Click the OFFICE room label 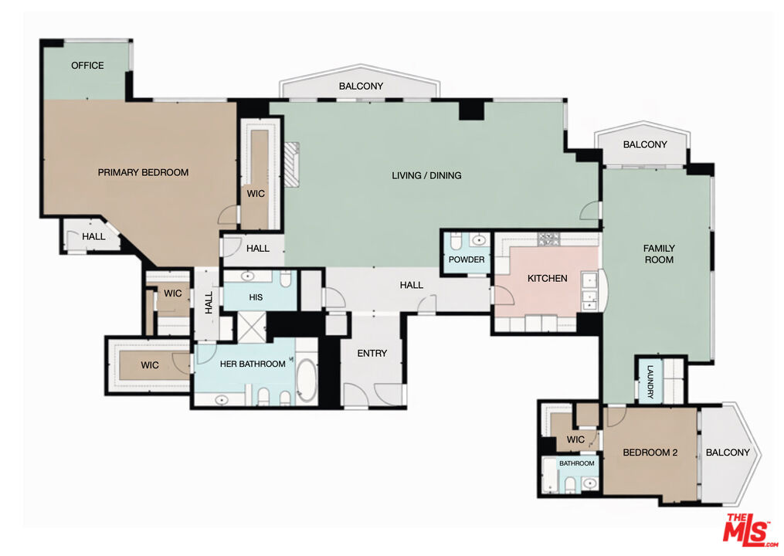[87, 66]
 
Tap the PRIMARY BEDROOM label [143, 172]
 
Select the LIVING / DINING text [426, 175]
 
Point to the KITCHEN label [548, 279]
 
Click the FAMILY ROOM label [659, 254]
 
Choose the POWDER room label [467, 259]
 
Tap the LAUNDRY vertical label [650, 382]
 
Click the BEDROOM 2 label [650, 453]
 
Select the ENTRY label [372, 354]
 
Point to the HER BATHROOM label [253, 364]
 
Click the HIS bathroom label [256, 297]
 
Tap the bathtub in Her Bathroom [306, 381]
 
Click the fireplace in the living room [292, 164]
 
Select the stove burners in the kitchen [549, 239]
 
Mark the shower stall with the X [251, 327]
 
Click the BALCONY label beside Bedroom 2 [728, 453]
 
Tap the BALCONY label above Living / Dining [361, 86]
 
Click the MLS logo [749, 530]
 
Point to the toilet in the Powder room [456, 240]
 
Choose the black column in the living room [471, 110]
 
